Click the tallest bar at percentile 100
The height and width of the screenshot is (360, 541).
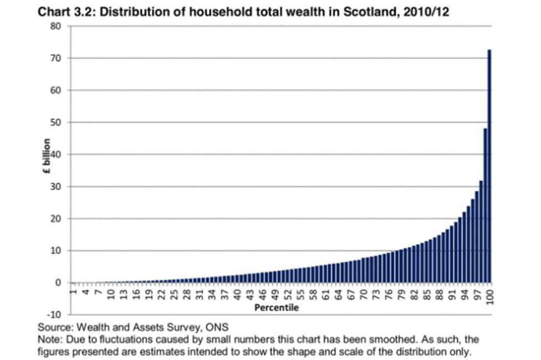[489, 166]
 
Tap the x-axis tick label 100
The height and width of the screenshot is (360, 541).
[490, 296]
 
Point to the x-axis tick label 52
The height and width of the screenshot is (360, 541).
[288, 294]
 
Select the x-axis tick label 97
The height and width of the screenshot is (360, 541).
[477, 294]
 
